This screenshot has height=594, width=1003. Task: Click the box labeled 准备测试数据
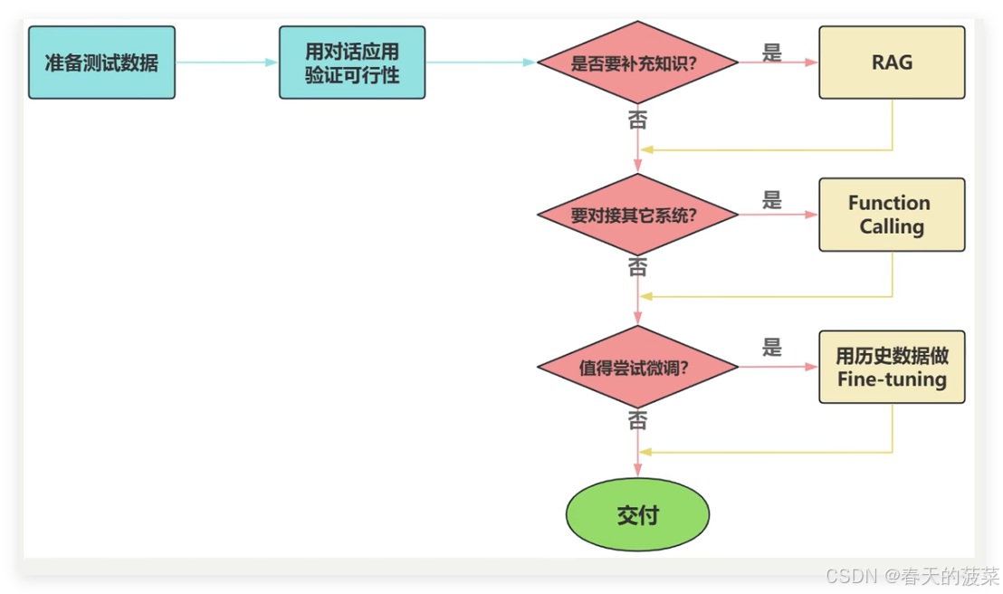101,62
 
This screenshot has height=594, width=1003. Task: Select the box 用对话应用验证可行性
352,62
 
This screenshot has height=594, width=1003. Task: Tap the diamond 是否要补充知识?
638,63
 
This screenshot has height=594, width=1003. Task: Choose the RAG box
892,62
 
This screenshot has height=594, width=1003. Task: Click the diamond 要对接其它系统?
638,216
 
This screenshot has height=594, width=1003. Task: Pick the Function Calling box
892,215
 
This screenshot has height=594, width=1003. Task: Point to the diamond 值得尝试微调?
638,368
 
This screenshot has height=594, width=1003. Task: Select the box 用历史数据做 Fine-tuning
892,367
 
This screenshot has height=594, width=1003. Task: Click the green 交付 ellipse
638,515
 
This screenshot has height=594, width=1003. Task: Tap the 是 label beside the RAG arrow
772,53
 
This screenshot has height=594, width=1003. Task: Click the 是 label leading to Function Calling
772,200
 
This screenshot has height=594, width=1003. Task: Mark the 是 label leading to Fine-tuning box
772,347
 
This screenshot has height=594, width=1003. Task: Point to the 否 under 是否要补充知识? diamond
637,120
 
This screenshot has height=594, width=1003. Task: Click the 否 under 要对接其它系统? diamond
637,268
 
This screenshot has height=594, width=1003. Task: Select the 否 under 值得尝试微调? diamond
637,421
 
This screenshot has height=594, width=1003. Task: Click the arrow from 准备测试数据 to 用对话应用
226,62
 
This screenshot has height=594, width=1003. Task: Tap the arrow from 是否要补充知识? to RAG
779,63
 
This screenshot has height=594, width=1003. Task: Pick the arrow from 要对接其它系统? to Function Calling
779,216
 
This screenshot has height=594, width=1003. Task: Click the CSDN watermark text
910,576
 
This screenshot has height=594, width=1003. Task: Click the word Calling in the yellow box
892,226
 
